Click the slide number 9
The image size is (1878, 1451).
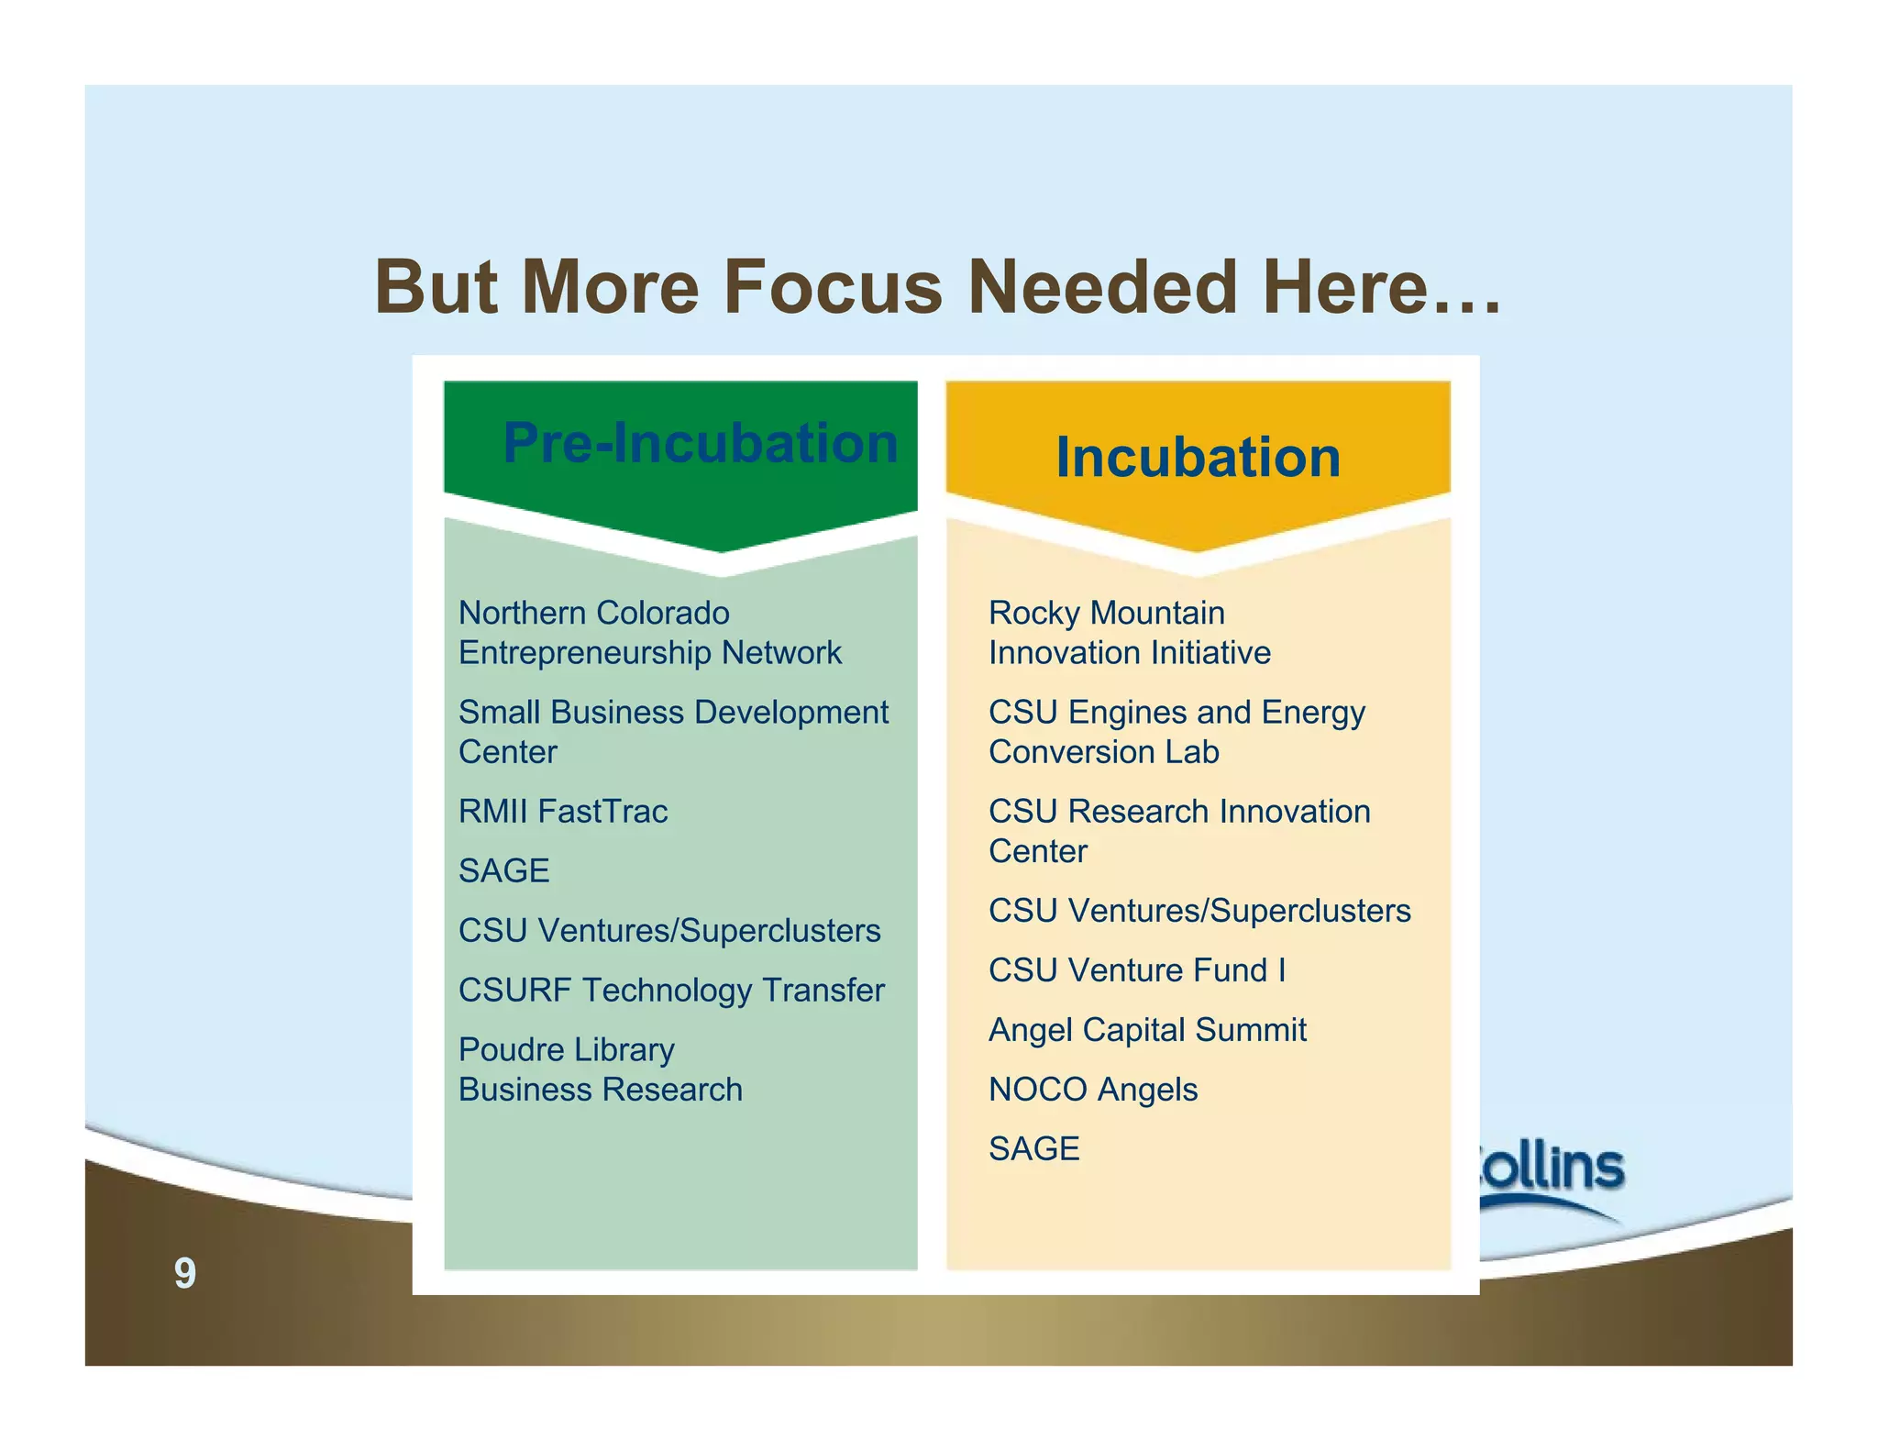[x=184, y=1273]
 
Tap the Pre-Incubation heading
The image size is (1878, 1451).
[x=700, y=443]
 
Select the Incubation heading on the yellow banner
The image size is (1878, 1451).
[x=1198, y=457]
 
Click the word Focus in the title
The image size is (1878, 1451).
[x=833, y=287]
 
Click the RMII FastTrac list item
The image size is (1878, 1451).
[x=562, y=811]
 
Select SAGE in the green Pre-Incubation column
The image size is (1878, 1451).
[x=503, y=870]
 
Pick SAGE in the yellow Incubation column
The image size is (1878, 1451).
[x=1033, y=1148]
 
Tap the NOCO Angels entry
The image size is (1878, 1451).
[x=1092, y=1089]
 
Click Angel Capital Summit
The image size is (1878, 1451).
[x=1146, y=1029]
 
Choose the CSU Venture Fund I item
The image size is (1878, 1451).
[x=1136, y=969]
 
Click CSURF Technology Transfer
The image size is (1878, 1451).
[x=670, y=990]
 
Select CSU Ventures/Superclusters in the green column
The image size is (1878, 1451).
[x=668, y=930]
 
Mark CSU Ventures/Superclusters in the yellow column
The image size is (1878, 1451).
[x=1199, y=911]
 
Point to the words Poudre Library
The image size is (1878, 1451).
[x=566, y=1049]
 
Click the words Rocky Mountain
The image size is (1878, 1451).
[x=1106, y=613]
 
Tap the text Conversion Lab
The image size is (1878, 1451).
[x=1103, y=752]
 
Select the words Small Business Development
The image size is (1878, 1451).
[x=672, y=712]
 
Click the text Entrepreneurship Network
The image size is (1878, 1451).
[x=649, y=653]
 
